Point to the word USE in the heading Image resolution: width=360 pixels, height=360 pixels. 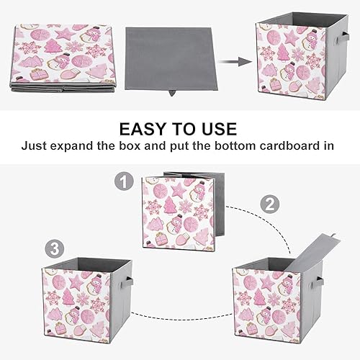pos(215,129)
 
